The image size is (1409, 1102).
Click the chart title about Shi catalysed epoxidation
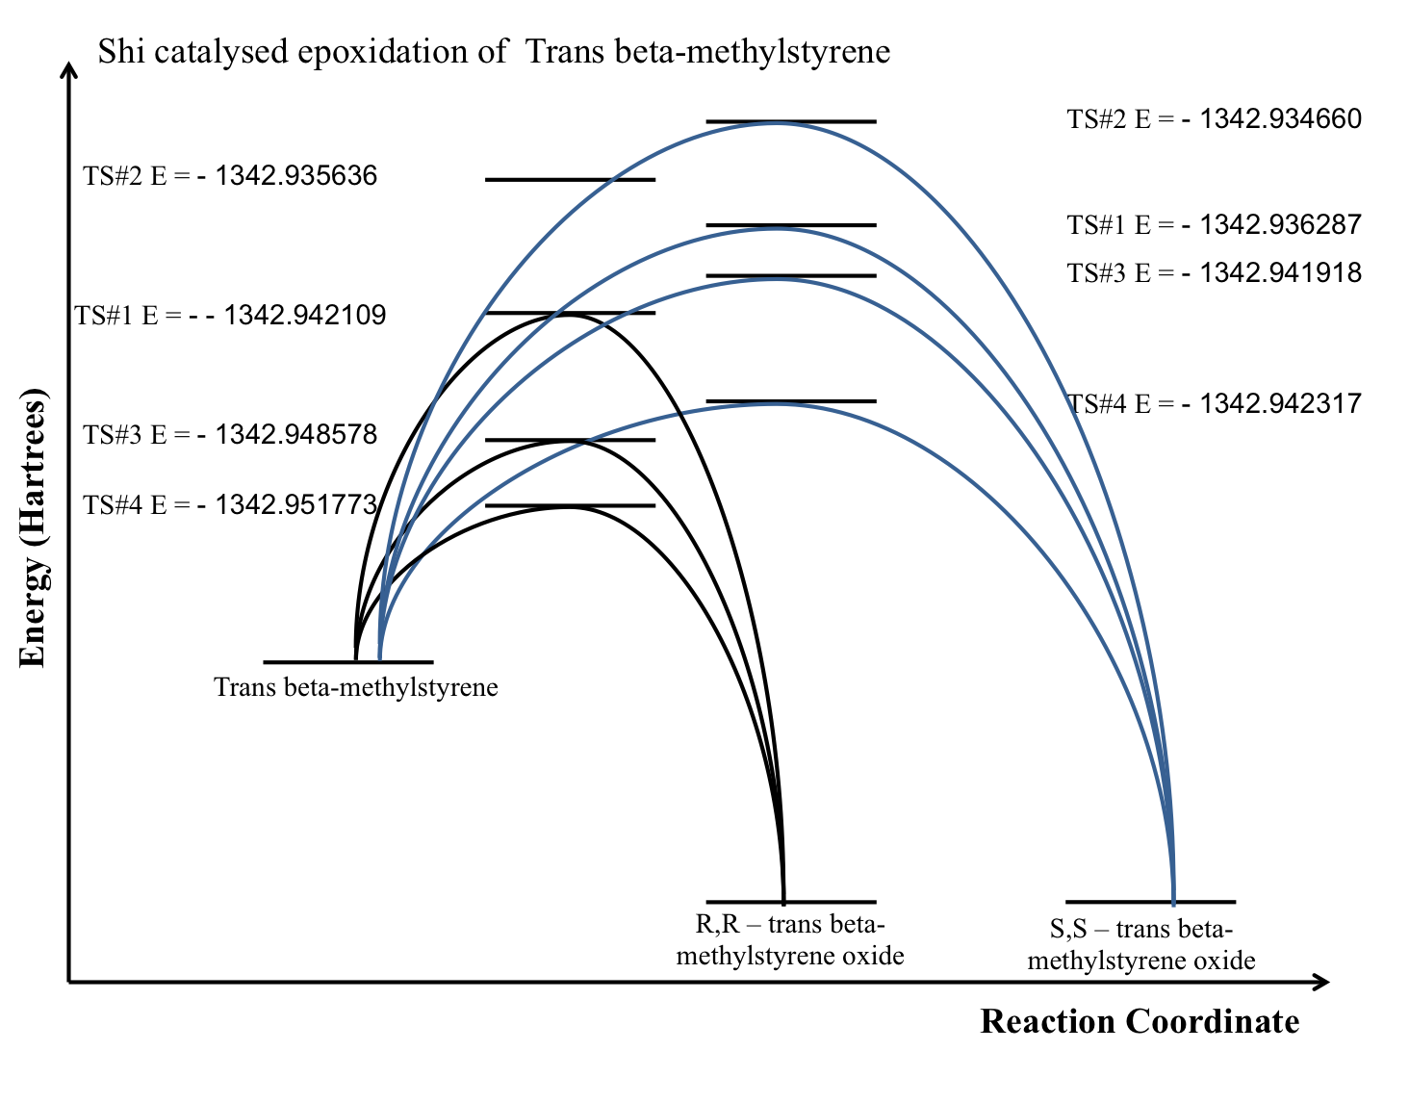494,51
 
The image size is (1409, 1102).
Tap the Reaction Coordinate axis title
1140,1021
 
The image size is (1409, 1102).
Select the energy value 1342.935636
296,176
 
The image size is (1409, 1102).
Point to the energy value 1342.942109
305,315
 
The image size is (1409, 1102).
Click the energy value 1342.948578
296,434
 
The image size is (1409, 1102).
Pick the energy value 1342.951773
296,504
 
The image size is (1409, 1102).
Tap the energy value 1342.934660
1281,118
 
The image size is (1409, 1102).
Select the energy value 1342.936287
1281,224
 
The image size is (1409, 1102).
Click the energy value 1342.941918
1281,272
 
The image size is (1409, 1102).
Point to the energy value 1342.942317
1281,402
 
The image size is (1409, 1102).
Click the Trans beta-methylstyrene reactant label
356,687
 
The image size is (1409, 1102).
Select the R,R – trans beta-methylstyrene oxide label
790,939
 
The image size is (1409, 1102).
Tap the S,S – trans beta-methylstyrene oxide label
1141,944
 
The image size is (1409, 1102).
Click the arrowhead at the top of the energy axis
68,70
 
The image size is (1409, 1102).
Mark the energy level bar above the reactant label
348,662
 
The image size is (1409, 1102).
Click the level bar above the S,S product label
1150,902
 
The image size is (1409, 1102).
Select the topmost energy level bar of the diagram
791,121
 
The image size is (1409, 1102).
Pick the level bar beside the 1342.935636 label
570,179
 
